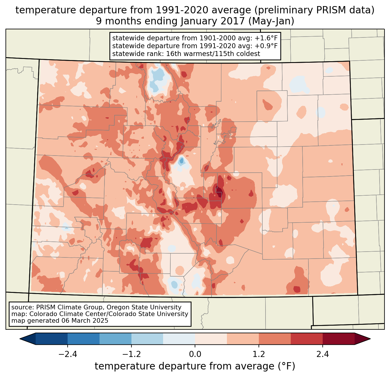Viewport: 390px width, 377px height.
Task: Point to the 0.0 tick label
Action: click(x=195, y=354)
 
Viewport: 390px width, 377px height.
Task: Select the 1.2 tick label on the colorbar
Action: click(x=259, y=354)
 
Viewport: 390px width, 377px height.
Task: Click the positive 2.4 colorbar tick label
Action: click(x=322, y=354)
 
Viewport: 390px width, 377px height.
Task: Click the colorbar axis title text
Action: click(x=195, y=366)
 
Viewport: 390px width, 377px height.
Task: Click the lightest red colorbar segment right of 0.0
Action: click(x=211, y=339)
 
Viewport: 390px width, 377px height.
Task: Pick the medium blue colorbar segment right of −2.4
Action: click(x=84, y=339)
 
